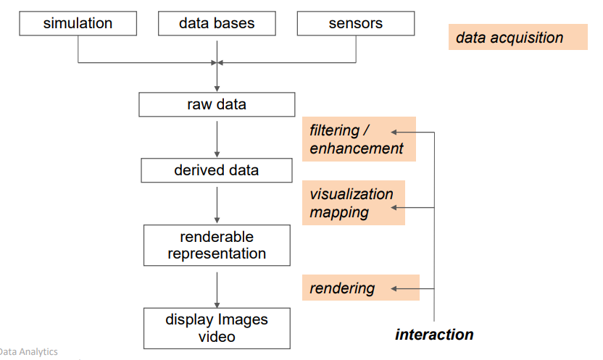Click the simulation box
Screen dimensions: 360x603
coord(78,23)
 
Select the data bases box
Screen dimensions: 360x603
coord(217,23)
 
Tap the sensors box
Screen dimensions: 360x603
coord(356,23)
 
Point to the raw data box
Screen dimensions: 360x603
coord(217,104)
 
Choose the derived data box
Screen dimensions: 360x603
coord(217,171)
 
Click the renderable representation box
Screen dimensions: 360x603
coord(217,245)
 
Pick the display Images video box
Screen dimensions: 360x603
coord(217,328)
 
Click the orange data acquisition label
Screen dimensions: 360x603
coord(517,38)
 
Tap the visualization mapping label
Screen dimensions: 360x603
coord(353,203)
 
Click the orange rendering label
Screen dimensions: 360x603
coord(360,288)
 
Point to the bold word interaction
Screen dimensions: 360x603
coord(434,335)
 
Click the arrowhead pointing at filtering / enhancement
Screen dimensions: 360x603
coord(394,132)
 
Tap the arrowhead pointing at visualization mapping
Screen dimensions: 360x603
coord(394,209)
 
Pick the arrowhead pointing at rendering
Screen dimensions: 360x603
coord(394,288)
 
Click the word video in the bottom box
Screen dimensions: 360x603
coord(217,337)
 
